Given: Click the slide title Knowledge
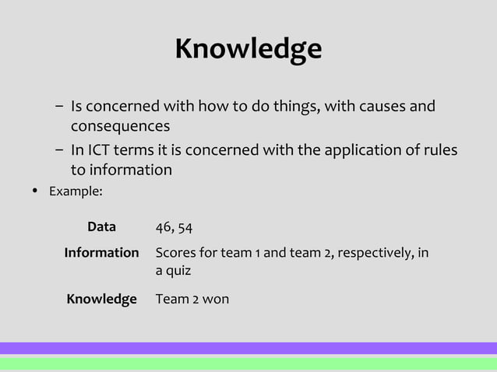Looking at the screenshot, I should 248,49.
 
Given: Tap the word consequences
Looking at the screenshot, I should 120,125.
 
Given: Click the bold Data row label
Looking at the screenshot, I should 101,227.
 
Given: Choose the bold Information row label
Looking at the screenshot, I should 101,253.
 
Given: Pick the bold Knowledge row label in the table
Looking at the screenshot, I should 101,299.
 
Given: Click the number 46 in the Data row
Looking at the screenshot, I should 164,227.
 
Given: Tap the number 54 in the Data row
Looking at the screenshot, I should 185,227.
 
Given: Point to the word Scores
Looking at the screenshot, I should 175,253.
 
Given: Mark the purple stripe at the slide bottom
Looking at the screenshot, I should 248,348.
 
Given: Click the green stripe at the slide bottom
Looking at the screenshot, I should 248,363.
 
